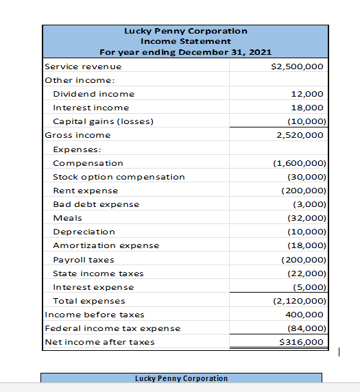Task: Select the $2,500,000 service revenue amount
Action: point(298,66)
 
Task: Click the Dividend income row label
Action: point(94,94)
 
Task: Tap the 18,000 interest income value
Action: point(307,108)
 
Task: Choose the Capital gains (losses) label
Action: point(103,121)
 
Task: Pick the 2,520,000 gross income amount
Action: point(300,135)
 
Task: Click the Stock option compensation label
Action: point(119,177)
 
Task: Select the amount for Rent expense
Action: point(302,191)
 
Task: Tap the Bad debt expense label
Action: point(96,204)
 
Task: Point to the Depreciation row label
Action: point(84,232)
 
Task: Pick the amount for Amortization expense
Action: point(305,245)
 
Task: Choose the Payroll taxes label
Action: point(84,260)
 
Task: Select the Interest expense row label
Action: point(93,287)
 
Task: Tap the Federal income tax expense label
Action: point(112,328)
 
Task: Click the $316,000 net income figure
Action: point(302,342)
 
